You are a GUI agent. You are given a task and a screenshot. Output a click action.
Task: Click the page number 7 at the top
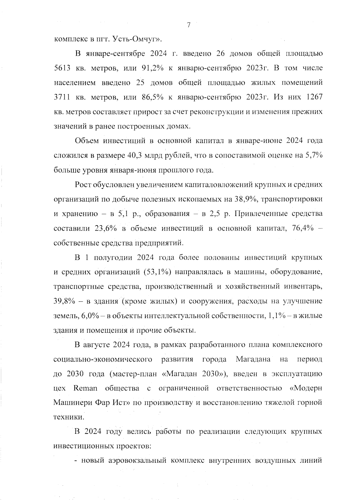[x=189, y=25]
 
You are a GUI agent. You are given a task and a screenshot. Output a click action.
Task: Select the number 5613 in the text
[x=62, y=68]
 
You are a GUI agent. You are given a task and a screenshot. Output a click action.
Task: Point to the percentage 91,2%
[x=152, y=68]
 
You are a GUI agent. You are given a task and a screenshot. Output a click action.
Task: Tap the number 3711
[x=62, y=97]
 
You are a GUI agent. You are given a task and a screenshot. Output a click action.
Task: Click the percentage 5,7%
[x=313, y=155]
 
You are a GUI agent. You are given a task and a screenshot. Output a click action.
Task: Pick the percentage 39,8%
[x=64, y=301]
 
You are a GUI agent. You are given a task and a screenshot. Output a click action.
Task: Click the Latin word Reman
[x=85, y=388]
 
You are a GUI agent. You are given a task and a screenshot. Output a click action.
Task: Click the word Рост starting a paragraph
[x=84, y=185]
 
